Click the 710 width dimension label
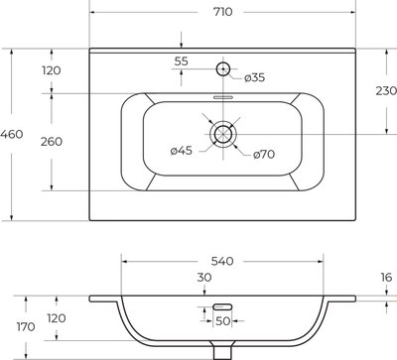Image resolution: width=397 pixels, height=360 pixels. tap(222, 12)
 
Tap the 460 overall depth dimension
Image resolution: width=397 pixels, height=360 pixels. tap(12, 134)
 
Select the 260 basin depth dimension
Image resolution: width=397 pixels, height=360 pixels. tap(52, 142)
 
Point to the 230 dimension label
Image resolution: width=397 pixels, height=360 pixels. tap(386, 90)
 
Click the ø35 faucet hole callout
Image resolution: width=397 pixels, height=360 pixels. tap(254, 77)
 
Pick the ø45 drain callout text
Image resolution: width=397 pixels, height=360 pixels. tap(182, 151)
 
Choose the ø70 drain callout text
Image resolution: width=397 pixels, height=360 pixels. tap(264, 155)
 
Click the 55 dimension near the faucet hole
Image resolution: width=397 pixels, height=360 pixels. tap(181, 61)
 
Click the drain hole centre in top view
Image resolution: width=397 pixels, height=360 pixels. tap(223, 134)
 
